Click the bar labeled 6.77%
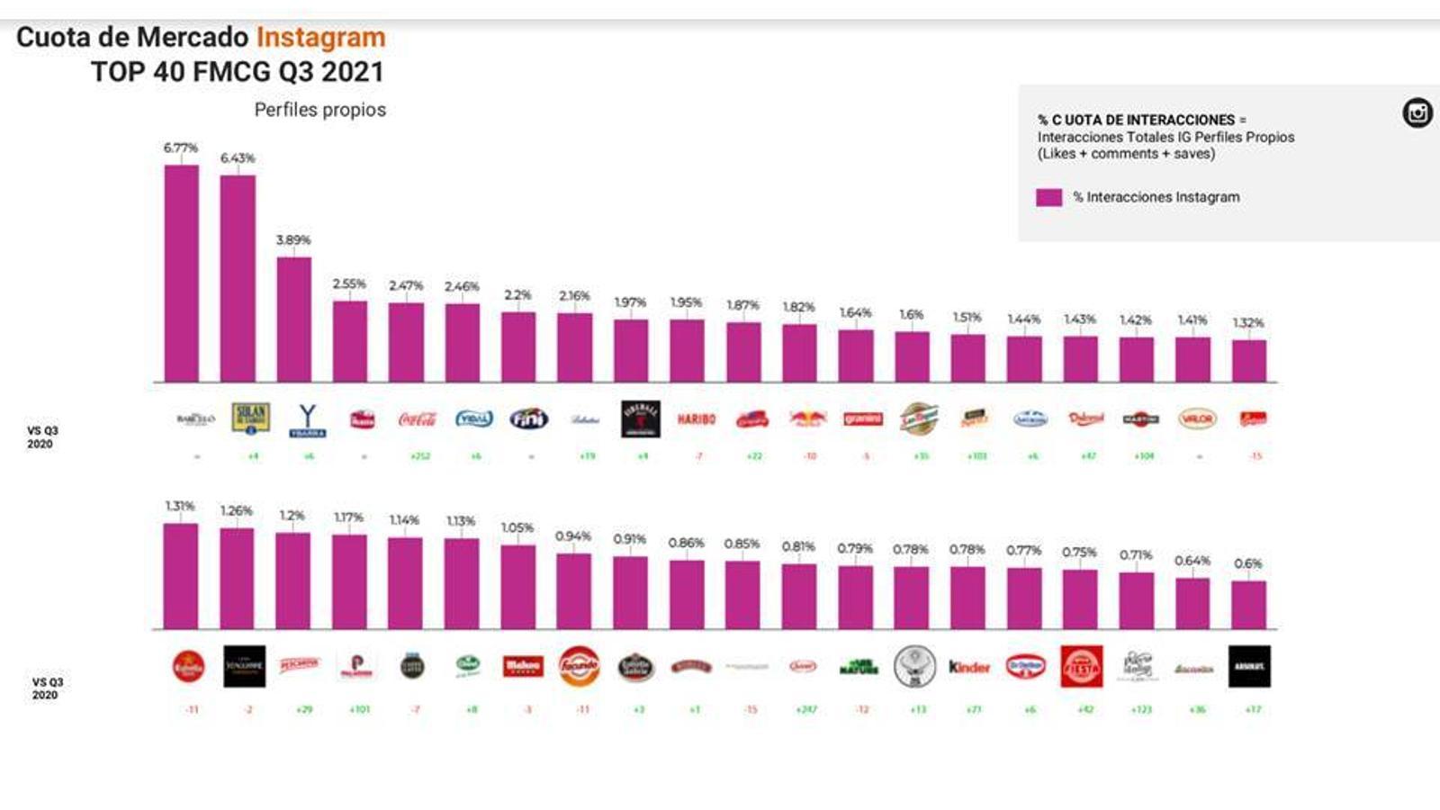(181, 274)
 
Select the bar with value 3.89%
(293, 319)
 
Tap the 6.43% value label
(238, 158)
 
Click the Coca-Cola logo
(418, 419)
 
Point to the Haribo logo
(696, 419)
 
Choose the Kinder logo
(969, 667)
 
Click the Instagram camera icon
(1417, 112)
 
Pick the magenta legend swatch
(1048, 197)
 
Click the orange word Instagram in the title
(320, 38)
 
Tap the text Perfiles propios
(319, 110)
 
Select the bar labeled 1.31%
(181, 576)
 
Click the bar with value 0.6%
(1248, 605)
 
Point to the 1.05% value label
(517, 528)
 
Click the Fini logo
(529, 419)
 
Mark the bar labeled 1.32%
(1248, 361)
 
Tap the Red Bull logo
(807, 419)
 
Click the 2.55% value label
(349, 284)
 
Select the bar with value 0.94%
(573, 591)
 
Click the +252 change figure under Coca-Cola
(419, 456)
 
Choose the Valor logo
(1197, 419)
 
